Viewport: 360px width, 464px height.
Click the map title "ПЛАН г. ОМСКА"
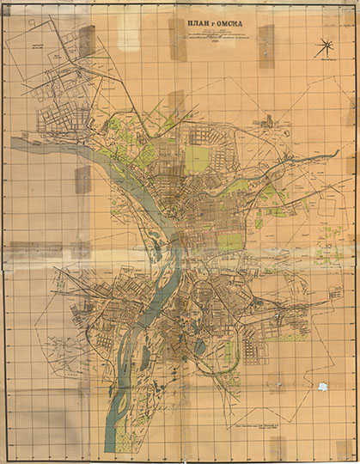tap(210, 24)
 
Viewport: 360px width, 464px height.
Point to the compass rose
tap(326, 49)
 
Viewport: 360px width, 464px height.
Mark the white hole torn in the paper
tap(323, 388)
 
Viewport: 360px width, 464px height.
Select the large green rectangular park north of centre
tap(197, 158)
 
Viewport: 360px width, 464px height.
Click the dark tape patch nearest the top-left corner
tap(87, 40)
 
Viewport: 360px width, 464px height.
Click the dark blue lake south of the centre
tap(200, 346)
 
